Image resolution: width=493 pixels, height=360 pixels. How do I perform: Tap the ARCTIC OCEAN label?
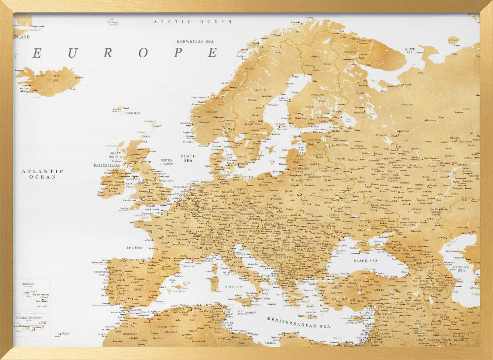tap(193, 22)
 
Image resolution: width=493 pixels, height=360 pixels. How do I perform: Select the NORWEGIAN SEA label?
tap(197, 41)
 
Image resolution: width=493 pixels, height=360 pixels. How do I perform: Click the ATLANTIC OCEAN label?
tap(42, 174)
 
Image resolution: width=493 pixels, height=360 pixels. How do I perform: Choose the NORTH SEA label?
tap(188, 158)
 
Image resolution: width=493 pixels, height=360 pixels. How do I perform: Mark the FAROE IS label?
tap(133, 113)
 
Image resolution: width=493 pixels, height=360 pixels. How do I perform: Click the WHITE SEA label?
tap(410, 50)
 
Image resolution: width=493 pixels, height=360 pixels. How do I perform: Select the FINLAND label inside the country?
tap(317, 95)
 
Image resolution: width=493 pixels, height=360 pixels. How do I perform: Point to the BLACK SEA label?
tap(365, 260)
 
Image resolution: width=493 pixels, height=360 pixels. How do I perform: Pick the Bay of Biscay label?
tap(138, 248)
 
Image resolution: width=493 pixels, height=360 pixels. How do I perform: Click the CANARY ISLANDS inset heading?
tap(29, 318)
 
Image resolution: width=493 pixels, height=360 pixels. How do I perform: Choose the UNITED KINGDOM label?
tap(166, 162)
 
